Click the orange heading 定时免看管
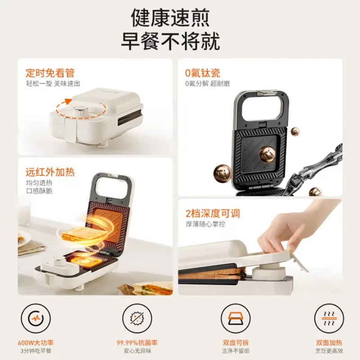point(50,73)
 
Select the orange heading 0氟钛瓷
point(202,73)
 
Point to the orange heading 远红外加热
point(50,172)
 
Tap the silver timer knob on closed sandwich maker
point(81,111)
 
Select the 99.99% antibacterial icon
point(137,318)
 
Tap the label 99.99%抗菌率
point(137,343)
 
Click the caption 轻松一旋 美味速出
point(53,83)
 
